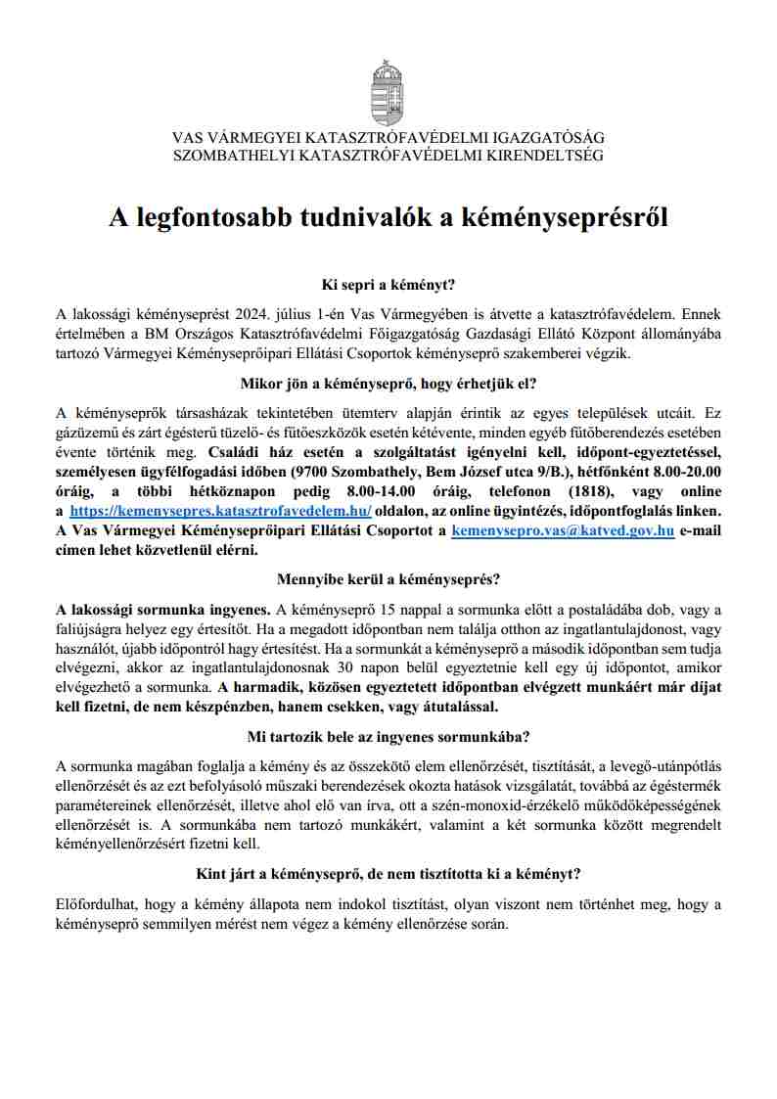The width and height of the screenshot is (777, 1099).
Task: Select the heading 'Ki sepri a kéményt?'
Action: (388, 285)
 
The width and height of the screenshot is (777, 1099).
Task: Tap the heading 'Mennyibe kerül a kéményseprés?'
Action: (388, 579)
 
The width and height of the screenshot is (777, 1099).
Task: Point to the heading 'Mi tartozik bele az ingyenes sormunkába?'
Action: (388, 736)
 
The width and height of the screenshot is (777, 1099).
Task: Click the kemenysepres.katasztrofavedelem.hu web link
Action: (220, 512)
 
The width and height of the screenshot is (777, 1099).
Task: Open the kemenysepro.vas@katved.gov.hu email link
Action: (562, 531)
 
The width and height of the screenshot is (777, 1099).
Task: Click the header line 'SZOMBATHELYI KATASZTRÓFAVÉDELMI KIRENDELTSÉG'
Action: (388, 155)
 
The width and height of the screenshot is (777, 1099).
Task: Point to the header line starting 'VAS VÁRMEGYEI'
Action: (388, 138)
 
